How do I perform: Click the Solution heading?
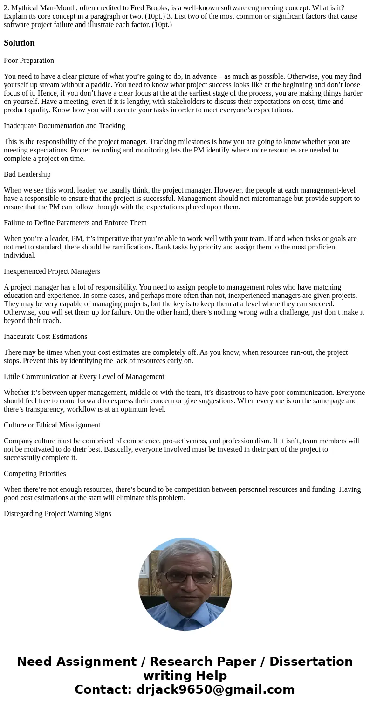click(19, 43)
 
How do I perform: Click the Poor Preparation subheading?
click(29, 61)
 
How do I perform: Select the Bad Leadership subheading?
click(27, 174)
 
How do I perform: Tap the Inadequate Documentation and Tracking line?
click(64, 126)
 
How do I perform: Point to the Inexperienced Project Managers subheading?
click(52, 271)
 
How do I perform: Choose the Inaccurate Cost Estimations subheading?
click(45, 337)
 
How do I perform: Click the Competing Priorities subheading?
click(35, 474)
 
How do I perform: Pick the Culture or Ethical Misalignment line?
click(52, 425)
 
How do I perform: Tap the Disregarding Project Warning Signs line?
click(57, 514)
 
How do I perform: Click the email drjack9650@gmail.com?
click(215, 690)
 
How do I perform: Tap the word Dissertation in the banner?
click(311, 662)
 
